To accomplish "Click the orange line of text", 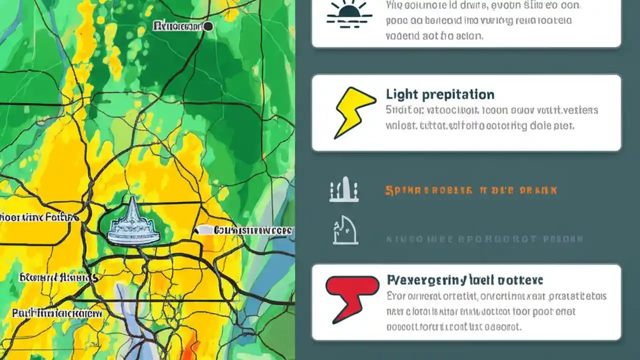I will click(x=470, y=190).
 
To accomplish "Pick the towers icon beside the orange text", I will click(x=344, y=191).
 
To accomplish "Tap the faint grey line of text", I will click(x=484, y=239).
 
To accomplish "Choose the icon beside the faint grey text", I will click(x=345, y=230).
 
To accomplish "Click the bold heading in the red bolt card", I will click(x=465, y=279).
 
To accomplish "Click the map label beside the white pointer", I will click(x=253, y=230).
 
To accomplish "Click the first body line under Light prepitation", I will click(x=492, y=110).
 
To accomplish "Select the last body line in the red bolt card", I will click(x=454, y=327).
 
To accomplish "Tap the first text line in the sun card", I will click(x=483, y=6).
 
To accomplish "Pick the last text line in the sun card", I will click(x=434, y=36).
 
